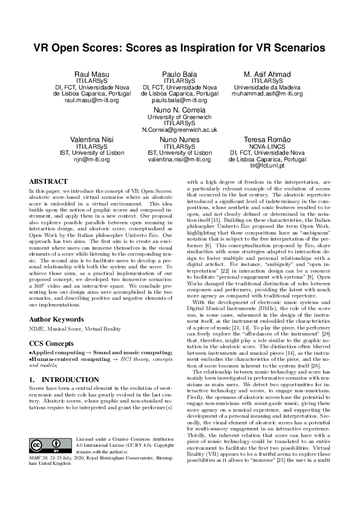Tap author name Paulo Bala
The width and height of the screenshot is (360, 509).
tap(179, 74)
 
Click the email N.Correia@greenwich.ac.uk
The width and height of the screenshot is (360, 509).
tap(180, 129)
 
